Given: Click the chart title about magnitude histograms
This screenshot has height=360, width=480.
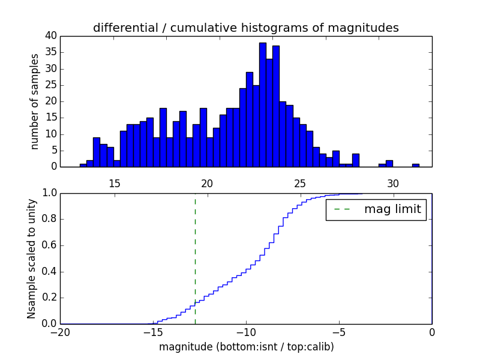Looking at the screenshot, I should pyautogui.click(x=245, y=28).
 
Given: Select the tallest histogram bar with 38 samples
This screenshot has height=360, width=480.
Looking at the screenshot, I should pyautogui.click(x=263, y=104).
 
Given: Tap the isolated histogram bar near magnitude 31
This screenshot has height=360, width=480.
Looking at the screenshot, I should pyautogui.click(x=415, y=165).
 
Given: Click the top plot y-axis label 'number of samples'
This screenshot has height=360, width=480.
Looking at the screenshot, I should pyautogui.click(x=35, y=101).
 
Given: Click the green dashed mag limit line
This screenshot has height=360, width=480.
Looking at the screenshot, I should pyautogui.click(x=195, y=258).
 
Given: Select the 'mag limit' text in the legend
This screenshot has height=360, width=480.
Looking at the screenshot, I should pyautogui.click(x=392, y=209).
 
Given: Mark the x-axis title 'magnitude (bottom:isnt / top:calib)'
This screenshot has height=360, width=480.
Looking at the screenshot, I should pyautogui.click(x=246, y=347).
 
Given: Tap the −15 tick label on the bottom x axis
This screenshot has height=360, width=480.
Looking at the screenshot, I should pyautogui.click(x=153, y=332).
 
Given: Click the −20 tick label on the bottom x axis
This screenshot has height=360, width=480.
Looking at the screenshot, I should pyautogui.click(x=60, y=332).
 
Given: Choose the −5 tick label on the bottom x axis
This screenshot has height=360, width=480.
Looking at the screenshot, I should pyautogui.click(x=338, y=332).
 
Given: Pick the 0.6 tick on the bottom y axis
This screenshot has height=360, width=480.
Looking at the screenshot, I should pyautogui.click(x=49, y=245).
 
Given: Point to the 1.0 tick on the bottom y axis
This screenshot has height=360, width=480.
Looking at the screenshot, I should pyautogui.click(x=49, y=193).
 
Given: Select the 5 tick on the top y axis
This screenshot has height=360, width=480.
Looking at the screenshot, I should pyautogui.click(x=53, y=151).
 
